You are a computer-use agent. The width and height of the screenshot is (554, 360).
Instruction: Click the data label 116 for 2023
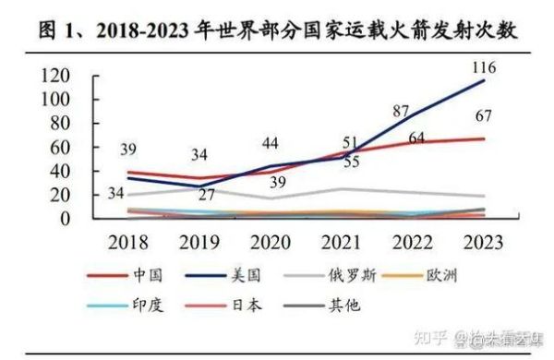[484, 68]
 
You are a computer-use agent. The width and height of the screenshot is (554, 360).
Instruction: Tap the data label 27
[208, 195]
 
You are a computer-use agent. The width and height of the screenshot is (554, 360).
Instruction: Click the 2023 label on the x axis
[483, 243]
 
